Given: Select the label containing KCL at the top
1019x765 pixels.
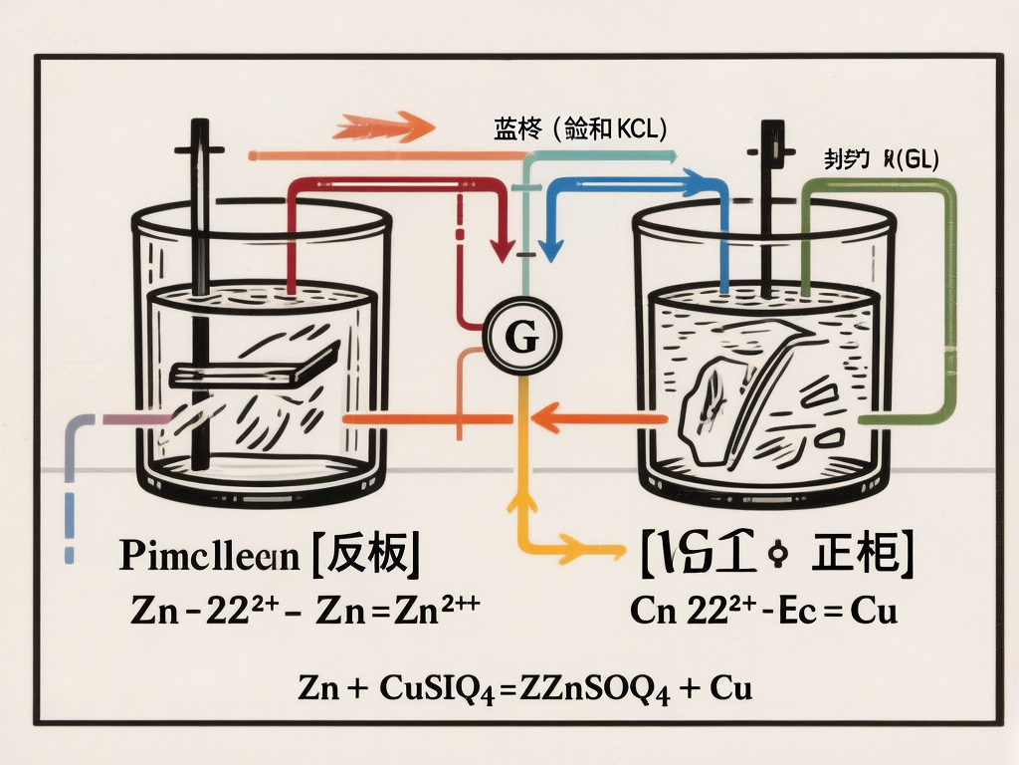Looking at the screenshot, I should pos(579,128).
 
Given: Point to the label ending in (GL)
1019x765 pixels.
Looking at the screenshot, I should pos(882,157).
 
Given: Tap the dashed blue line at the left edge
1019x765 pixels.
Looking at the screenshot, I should pos(70,498).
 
